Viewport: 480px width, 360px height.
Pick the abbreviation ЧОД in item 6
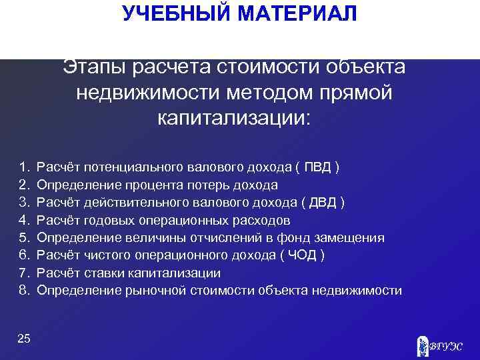point(303,255)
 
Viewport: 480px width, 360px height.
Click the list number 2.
point(24,184)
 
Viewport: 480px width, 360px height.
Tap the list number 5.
point(24,237)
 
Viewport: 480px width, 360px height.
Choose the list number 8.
point(24,291)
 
